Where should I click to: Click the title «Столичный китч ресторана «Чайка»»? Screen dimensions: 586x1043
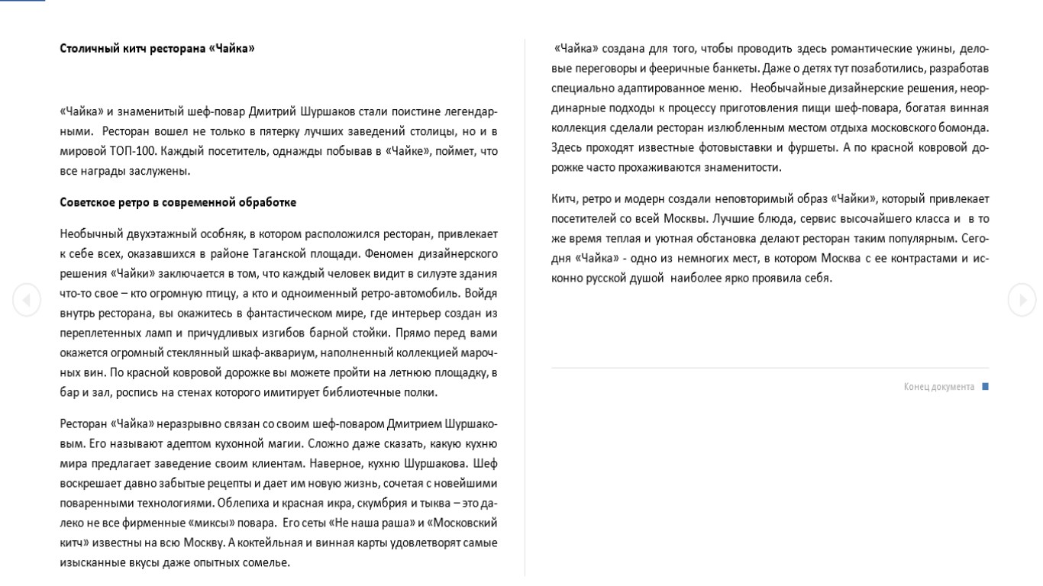pos(157,49)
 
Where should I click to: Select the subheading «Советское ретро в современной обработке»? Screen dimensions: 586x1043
pos(178,203)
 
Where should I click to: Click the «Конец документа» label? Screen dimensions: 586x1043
pos(938,387)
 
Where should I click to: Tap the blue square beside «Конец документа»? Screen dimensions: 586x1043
pos(985,387)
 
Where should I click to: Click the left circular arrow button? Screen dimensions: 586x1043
pos(27,300)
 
